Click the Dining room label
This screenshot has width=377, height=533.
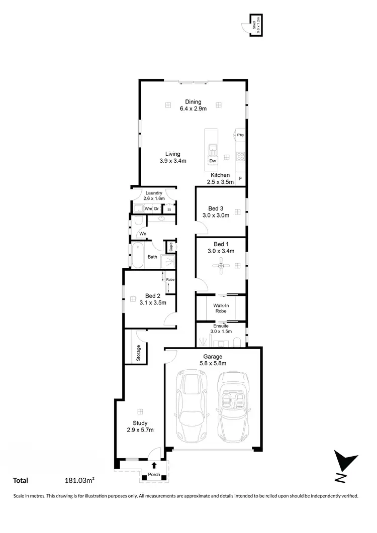click(x=193, y=102)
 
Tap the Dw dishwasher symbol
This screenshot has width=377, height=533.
click(x=213, y=161)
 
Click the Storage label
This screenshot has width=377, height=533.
click(x=139, y=353)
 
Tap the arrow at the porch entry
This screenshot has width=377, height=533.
click(x=154, y=466)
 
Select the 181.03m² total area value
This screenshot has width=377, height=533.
click(x=80, y=481)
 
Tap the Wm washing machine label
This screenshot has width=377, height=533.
click(x=148, y=208)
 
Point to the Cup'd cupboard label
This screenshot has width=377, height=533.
click(x=171, y=247)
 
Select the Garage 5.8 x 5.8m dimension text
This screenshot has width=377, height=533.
click(x=213, y=363)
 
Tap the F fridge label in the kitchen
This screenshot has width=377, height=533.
click(x=241, y=179)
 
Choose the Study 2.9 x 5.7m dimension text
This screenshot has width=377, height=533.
click(x=140, y=430)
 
